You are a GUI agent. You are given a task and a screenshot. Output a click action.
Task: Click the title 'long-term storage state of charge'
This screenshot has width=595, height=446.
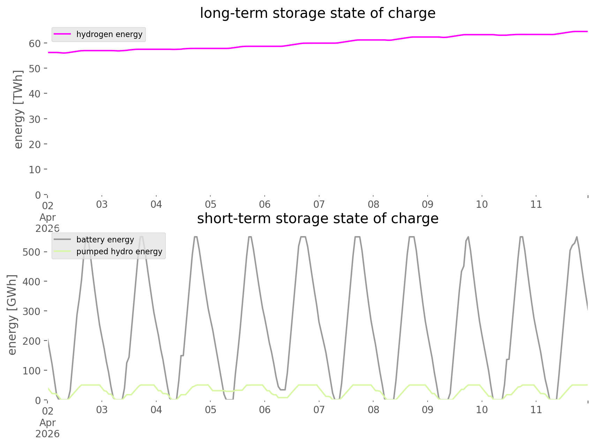coord(317,13)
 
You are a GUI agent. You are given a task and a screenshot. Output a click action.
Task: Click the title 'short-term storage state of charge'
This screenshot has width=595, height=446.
coord(317,219)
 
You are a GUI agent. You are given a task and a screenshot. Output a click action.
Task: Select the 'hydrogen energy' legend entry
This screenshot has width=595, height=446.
coord(109,35)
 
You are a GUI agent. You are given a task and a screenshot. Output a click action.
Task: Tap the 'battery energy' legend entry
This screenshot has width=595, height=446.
coord(105,240)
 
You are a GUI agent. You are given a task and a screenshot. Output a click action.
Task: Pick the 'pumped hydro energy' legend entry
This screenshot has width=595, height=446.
coord(119,251)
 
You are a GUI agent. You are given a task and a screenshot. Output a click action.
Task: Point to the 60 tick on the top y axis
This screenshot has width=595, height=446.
coord(35,43)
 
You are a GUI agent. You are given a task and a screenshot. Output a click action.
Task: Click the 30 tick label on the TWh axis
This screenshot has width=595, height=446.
coord(35,119)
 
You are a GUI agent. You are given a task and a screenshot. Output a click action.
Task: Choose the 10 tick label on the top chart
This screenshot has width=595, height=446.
coord(35,170)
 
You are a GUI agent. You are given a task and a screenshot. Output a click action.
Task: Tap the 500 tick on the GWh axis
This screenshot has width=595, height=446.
coord(32,252)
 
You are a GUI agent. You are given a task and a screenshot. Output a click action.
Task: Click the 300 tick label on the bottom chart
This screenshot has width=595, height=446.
coord(32,311)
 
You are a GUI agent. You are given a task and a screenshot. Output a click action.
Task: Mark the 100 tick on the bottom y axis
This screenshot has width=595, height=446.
coord(32,371)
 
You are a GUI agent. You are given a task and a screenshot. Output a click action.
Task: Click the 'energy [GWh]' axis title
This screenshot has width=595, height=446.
coord(12,315)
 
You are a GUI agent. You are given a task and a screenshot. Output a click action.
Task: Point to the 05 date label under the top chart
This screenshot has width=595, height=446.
coord(210,205)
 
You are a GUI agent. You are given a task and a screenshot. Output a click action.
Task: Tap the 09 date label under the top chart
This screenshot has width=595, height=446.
coord(428,205)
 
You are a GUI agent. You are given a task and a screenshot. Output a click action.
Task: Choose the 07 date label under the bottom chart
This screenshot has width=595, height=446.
coord(319,410)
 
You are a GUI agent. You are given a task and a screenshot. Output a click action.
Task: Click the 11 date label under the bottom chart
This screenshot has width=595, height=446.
coord(536,410)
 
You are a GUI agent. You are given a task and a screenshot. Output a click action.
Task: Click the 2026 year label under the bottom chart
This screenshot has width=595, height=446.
coord(47,434)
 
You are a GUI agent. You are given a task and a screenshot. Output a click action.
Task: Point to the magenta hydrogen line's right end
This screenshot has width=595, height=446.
coord(587,32)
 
